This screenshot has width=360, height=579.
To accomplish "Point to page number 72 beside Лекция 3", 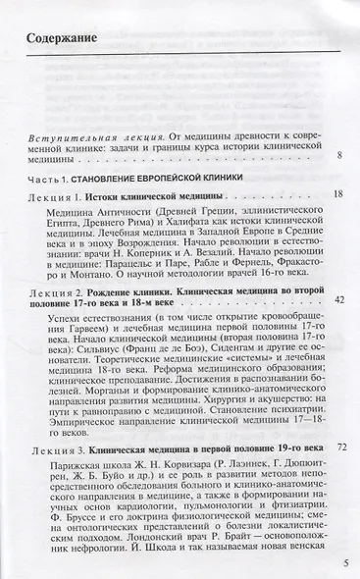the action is tap(341, 446).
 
